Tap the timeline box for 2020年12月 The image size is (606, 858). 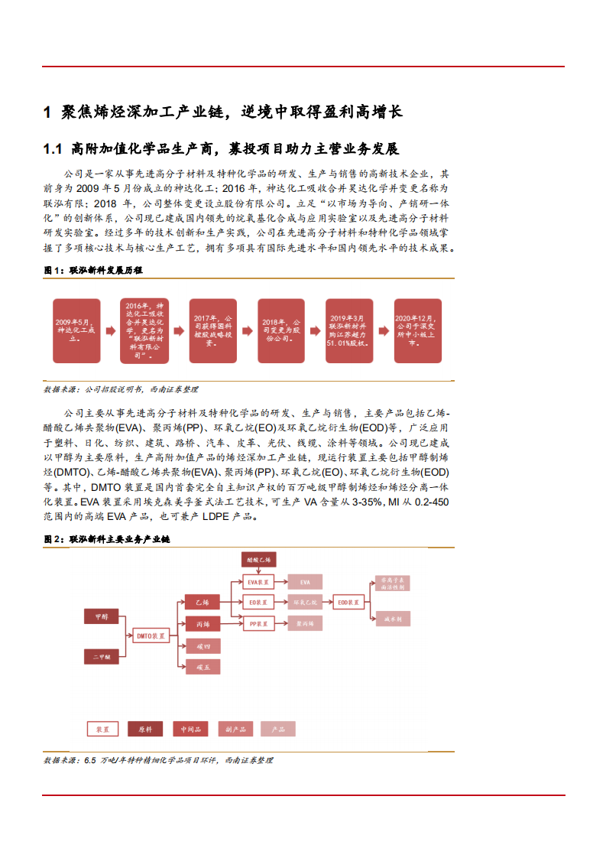[x=417, y=330]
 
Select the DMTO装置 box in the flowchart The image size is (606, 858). [x=151, y=635]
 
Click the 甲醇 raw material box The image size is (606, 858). [x=103, y=616]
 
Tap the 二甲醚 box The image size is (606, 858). [x=103, y=655]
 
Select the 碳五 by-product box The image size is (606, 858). [x=203, y=667]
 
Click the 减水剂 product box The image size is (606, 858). [x=391, y=617]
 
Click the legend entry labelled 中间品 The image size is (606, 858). [x=190, y=730]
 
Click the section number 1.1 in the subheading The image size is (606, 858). [x=52, y=149]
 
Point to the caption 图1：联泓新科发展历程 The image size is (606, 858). [x=93, y=270]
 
